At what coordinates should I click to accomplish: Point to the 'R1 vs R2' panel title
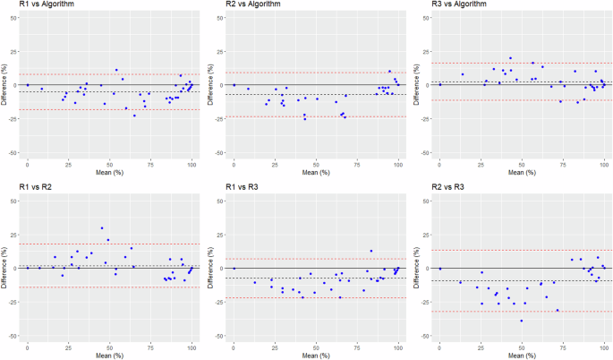[29, 189]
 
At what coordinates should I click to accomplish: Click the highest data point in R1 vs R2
[102, 228]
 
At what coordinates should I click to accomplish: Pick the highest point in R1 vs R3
[371, 251]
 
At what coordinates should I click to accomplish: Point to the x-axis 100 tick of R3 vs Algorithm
[604, 162]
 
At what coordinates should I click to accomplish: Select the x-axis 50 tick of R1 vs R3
[316, 346]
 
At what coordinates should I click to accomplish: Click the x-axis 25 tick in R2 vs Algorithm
[275, 162]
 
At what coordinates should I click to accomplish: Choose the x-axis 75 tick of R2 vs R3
[563, 346]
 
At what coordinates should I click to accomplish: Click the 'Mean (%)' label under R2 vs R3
[522, 355]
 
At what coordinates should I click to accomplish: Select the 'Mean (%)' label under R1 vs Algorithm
[110, 171]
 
